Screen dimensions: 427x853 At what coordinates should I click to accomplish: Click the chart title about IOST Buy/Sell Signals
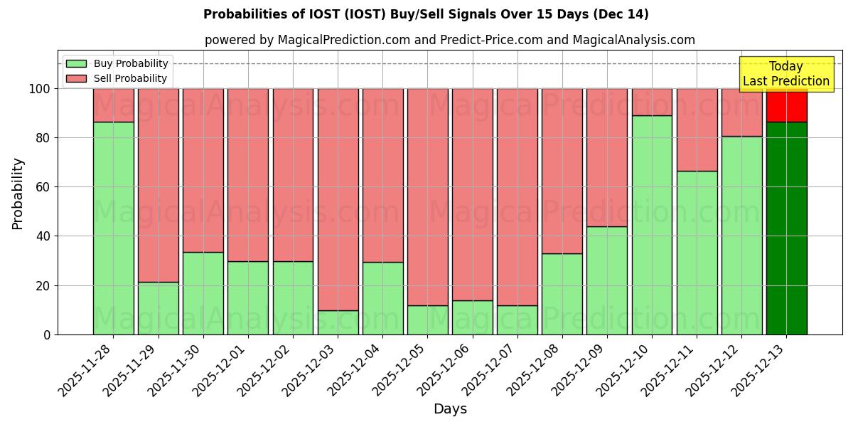[426, 14]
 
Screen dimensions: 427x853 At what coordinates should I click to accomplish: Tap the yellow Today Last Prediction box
[786, 74]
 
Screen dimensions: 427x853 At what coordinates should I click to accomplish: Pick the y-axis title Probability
[18, 194]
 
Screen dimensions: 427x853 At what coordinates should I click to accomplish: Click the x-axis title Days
[450, 409]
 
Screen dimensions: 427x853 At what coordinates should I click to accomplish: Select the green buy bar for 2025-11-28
[114, 228]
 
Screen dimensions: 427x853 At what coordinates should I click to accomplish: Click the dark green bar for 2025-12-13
[787, 228]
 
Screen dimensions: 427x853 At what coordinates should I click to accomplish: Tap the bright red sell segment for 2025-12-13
[787, 105]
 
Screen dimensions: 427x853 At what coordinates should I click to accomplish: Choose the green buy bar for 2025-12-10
[652, 225]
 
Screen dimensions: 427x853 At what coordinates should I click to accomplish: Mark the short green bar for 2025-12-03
[338, 322]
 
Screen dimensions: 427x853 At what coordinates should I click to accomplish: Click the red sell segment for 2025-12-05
[428, 196]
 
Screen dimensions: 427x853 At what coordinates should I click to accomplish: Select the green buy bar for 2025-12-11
[697, 253]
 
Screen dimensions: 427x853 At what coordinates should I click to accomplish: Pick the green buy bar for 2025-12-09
[607, 280]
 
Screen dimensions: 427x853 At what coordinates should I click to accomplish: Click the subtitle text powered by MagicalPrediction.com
[450, 40]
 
